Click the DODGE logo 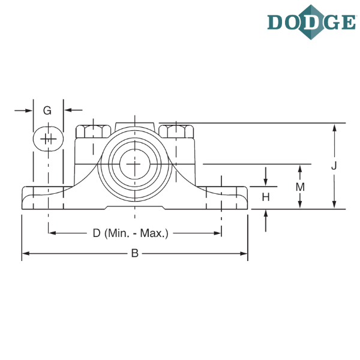coord(311,22)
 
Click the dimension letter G coord(48,110)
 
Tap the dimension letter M coord(300,187)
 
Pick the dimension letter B coord(135,254)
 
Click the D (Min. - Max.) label coord(131,233)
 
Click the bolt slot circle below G coord(47,138)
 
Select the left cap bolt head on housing coord(91,129)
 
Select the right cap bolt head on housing coord(178,129)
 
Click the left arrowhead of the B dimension coord(25,254)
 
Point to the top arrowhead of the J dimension coord(335,128)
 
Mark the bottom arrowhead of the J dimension coord(335,205)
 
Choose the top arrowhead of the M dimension coord(300,167)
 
